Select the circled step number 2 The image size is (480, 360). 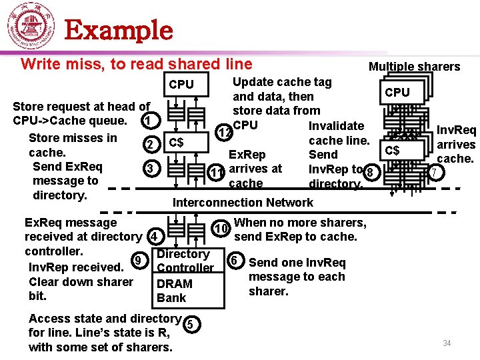point(151,145)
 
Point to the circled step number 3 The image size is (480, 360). point(151,169)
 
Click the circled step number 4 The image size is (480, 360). point(154,236)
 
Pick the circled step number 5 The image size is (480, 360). point(190,325)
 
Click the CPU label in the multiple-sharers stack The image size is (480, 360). point(397,92)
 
